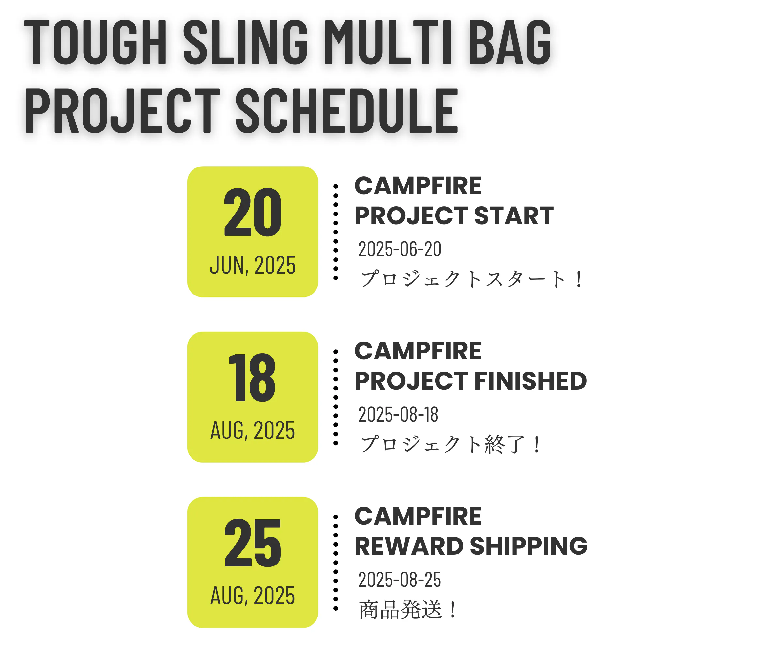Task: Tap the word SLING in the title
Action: pyautogui.click(x=245, y=42)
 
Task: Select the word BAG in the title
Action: pyautogui.click(x=509, y=42)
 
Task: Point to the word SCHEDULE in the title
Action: pyautogui.click(x=346, y=110)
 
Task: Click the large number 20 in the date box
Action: pyautogui.click(x=253, y=212)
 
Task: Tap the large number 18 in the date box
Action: pyautogui.click(x=253, y=378)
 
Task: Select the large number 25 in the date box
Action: pyautogui.click(x=253, y=543)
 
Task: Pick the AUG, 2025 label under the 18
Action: pyautogui.click(x=253, y=430)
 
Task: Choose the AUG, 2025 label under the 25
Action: pyautogui.click(x=253, y=596)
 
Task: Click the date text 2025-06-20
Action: pyautogui.click(x=400, y=249)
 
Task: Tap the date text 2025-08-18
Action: pyautogui.click(x=398, y=415)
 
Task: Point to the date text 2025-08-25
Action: pyautogui.click(x=400, y=580)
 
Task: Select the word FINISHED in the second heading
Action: pyautogui.click(x=530, y=381)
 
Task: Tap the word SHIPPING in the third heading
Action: pyautogui.click(x=529, y=546)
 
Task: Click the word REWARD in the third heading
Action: pyautogui.click(x=409, y=546)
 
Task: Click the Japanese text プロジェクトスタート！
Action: pyautogui.click(x=471, y=279)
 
